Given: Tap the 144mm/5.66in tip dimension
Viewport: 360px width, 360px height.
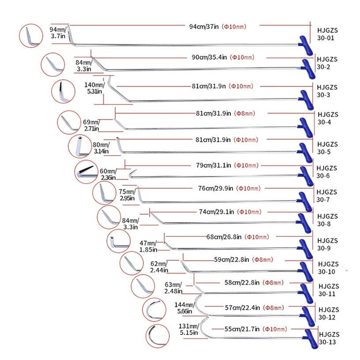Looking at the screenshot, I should [184, 308].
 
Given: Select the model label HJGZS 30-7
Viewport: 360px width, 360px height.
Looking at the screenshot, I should [327, 196].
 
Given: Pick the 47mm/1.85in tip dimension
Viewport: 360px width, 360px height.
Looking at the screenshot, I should [148, 246].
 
